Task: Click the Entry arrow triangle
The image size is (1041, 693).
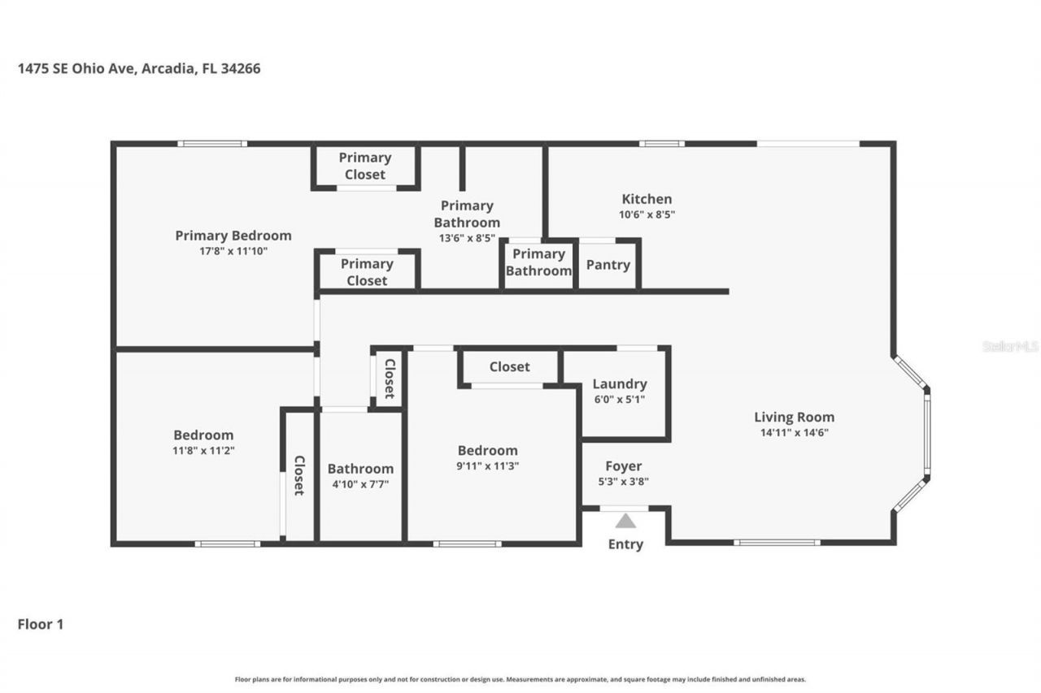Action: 625,522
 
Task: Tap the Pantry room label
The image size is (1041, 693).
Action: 608,265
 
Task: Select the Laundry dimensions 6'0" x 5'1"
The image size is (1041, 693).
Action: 619,399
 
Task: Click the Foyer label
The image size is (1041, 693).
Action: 623,466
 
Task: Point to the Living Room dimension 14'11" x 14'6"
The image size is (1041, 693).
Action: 794,433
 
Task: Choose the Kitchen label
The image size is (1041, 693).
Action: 647,199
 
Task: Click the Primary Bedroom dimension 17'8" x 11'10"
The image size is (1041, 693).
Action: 233,251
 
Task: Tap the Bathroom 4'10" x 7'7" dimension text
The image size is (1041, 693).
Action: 360,483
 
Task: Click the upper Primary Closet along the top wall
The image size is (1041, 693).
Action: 365,166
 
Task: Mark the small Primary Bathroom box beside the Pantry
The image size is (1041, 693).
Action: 538,262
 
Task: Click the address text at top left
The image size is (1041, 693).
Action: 139,69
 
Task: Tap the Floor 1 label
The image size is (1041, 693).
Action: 41,624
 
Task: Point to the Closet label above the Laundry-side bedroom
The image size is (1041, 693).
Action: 509,367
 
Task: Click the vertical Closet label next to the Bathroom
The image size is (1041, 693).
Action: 299,475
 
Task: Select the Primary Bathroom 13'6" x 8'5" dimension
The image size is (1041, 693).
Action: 466,238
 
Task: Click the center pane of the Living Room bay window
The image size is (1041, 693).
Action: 926,433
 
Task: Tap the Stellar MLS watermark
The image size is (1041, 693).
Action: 1010,346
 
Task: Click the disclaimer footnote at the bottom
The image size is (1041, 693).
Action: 520,679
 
